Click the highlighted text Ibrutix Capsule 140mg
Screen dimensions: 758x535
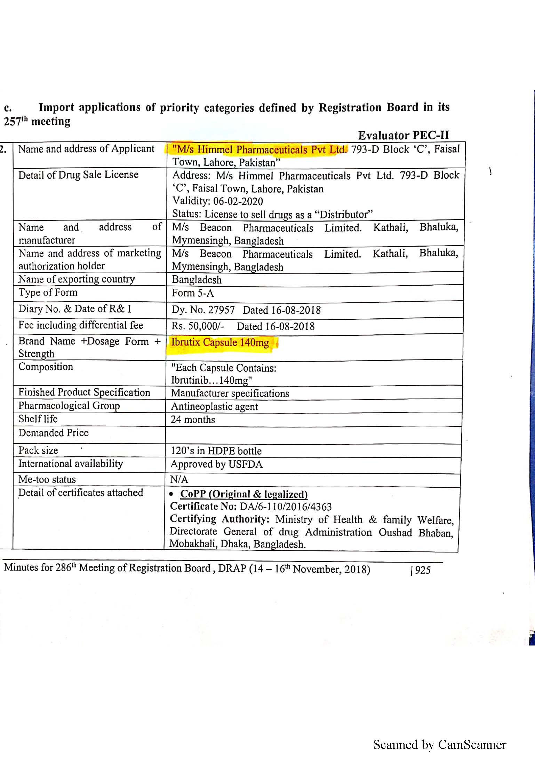point(220,343)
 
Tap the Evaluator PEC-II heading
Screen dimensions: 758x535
point(404,135)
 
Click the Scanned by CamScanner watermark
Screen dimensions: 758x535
point(439,744)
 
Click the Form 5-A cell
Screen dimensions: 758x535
point(193,293)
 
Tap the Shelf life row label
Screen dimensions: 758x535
point(38,419)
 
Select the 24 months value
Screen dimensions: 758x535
point(193,420)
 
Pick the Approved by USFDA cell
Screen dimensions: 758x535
point(216,464)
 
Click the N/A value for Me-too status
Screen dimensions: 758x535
point(179,480)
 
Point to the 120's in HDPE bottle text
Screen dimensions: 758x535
point(216,451)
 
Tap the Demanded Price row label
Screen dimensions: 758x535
point(54,433)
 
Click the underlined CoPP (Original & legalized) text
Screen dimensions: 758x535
point(244,494)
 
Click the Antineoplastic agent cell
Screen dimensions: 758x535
point(214,407)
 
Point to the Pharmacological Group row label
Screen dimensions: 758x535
point(69,406)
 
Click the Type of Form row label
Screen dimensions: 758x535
point(48,293)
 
